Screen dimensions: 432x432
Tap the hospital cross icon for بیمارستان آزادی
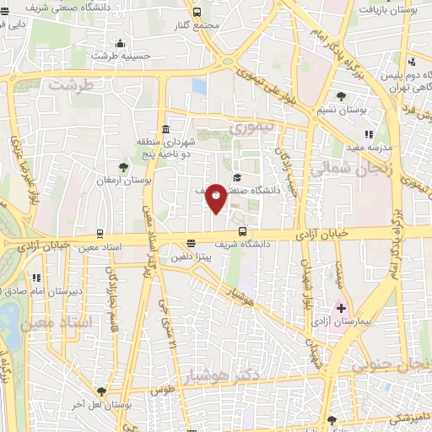(341, 309)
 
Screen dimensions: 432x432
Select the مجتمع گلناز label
(197, 25)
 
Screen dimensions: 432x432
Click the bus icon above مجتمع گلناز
(197, 12)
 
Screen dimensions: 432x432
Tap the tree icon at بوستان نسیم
(341, 96)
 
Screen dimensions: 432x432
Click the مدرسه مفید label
(386, 147)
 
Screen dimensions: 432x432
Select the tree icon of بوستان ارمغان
(124, 166)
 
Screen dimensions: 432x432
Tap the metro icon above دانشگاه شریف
(243, 231)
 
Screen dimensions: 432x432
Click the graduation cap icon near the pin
(238, 177)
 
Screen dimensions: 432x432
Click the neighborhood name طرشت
(68, 84)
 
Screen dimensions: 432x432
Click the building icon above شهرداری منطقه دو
(165, 130)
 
